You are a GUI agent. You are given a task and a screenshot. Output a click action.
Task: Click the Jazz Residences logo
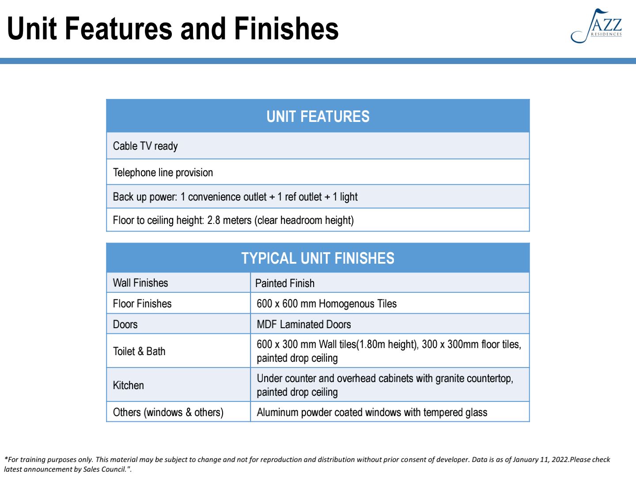click(x=596, y=26)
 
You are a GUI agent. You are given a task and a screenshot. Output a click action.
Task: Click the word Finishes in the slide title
click(x=286, y=29)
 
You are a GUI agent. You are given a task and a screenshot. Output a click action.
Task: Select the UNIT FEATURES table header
click(x=318, y=117)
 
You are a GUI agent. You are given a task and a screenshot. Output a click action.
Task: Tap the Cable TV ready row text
click(x=145, y=146)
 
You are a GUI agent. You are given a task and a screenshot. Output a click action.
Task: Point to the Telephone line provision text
click(x=163, y=173)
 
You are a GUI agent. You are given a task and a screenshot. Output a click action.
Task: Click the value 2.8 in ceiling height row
click(x=213, y=220)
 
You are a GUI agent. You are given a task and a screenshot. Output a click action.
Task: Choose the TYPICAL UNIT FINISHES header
click(x=318, y=258)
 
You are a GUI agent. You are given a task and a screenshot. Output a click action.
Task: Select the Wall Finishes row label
click(x=140, y=283)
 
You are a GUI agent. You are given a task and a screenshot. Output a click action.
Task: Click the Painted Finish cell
click(x=285, y=283)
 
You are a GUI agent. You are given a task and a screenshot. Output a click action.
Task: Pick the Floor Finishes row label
click(x=142, y=304)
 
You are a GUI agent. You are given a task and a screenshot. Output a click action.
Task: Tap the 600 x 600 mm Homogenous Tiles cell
click(x=326, y=304)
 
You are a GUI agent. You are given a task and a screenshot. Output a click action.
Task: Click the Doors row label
click(x=125, y=324)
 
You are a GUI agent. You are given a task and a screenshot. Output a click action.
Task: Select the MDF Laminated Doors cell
click(x=304, y=324)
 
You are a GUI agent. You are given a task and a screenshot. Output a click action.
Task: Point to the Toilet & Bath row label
click(x=139, y=351)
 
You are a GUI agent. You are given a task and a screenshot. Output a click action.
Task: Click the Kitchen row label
click(x=129, y=386)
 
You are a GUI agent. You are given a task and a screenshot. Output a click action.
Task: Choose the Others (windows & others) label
click(x=168, y=413)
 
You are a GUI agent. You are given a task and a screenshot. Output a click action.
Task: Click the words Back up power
click(x=144, y=197)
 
